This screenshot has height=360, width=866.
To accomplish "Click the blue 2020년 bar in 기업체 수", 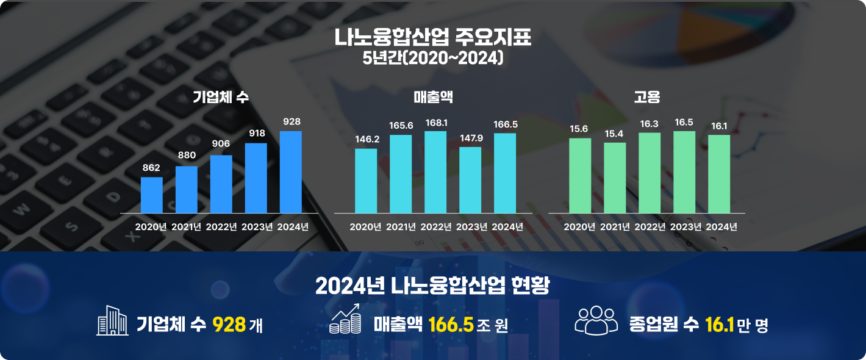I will tap(151, 195).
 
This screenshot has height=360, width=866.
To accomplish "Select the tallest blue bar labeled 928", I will tap(290, 171).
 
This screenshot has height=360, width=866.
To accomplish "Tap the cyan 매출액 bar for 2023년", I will tap(470, 179).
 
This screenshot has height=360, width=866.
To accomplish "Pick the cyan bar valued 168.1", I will tap(435, 171).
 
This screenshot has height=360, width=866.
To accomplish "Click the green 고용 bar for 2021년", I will tap(615, 177).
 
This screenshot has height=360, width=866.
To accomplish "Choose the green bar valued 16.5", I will tap(684, 171).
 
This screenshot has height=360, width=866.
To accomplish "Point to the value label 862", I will tap(151, 167).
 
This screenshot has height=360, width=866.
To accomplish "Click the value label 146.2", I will tap(367, 139).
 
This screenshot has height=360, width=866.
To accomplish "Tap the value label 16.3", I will tap(649, 123).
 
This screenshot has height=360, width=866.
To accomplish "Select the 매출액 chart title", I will tap(433, 96).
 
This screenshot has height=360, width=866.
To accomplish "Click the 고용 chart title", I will tap(647, 96).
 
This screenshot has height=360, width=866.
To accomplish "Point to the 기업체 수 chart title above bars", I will tap(220, 96).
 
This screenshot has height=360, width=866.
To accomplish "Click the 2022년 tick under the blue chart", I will tap(221, 227).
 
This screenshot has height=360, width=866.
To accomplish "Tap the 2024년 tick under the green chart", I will tap(721, 227).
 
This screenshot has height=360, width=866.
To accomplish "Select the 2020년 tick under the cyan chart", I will tap(365, 227).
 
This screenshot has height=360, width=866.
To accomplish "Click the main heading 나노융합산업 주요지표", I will tap(433, 38).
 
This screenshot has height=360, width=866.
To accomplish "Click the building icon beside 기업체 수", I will tap(112, 320).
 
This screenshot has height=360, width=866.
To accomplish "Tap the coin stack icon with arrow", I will tap(345, 319).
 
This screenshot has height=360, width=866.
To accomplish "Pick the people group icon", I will tap(596, 320).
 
